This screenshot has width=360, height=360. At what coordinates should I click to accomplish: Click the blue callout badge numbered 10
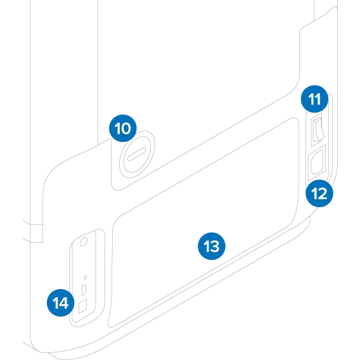coord(123,128)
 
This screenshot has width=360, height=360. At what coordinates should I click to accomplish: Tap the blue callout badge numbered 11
coord(314,99)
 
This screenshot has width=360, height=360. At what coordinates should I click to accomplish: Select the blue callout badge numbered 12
coord(319,193)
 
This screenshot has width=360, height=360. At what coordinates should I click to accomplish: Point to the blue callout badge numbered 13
coord(212,246)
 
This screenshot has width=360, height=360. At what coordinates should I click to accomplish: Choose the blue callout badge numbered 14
coord(61,302)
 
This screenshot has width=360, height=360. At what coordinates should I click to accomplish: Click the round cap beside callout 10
coord(137,154)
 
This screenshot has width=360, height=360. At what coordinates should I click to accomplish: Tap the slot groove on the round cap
coord(137,154)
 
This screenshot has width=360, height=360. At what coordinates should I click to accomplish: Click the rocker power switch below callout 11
coord(318,130)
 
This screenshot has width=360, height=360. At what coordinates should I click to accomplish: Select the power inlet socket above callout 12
coord(317,162)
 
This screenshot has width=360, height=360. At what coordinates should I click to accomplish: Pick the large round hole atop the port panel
coord(84,242)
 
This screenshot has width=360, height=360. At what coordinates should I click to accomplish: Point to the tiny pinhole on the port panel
coord(85,277)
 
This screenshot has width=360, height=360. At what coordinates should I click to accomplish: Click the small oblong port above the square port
coord(84,290)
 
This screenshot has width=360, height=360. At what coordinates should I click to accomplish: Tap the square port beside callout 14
coord(82,306)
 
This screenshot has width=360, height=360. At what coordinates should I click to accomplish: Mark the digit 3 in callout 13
coord(215,247)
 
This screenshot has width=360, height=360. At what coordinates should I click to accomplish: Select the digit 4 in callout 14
coord(63,303)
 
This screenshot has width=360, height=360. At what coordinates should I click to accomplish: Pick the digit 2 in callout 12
coord(323,193)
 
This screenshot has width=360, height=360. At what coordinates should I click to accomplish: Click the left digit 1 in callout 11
coord(311,99)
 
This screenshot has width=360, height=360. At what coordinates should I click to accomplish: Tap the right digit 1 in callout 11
coord(318,99)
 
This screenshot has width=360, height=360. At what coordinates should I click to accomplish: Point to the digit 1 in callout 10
coord(118,128)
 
